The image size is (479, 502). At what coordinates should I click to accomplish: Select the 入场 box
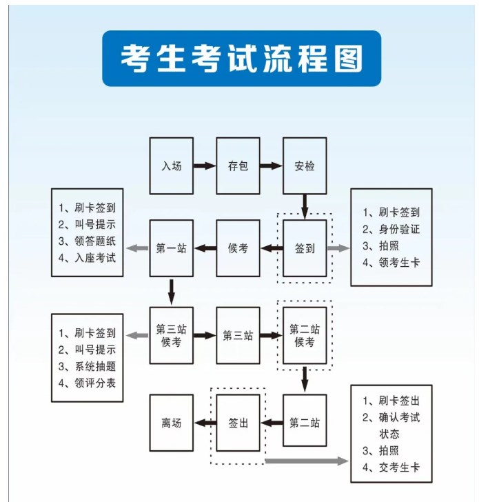click(172, 166)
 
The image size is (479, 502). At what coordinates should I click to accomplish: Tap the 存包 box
click(238, 166)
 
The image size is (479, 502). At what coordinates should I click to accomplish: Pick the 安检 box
click(305, 166)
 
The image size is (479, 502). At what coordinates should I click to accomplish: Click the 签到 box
click(305, 248)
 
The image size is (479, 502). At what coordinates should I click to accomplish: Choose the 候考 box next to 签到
click(238, 248)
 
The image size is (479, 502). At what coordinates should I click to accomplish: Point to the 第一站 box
click(172, 248)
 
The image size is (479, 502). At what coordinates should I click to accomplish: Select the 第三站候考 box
click(172, 335)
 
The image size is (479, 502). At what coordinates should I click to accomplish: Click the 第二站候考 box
click(305, 335)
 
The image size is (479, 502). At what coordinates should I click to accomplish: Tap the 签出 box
click(238, 423)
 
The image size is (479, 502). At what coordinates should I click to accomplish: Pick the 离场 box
click(172, 423)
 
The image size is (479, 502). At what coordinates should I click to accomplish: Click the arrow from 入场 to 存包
click(205, 166)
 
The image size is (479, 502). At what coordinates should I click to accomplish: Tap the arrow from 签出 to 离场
click(205, 423)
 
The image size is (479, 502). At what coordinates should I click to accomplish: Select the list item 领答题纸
click(92, 241)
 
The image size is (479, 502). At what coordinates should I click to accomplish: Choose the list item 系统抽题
click(92, 365)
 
